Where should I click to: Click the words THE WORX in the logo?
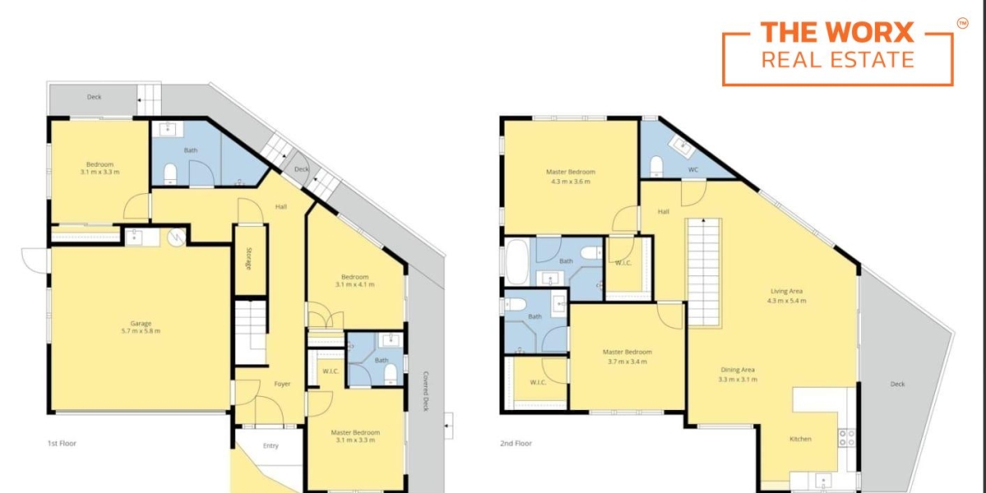[x=836, y=33]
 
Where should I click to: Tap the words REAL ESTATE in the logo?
[x=836, y=59]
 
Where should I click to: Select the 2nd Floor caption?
[x=516, y=443]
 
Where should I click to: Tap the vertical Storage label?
[x=248, y=260]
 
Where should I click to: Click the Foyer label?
[x=282, y=384]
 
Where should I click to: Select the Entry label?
[x=270, y=445]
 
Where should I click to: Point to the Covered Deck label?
[x=426, y=390]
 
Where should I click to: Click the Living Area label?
[x=786, y=292]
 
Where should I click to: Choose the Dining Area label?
[x=737, y=370]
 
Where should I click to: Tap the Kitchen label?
[x=800, y=439]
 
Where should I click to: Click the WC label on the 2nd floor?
[x=693, y=170]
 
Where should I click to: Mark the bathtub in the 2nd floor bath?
[x=518, y=261]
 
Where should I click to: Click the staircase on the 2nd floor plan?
[x=703, y=271]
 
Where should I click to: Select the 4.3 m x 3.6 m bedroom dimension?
[x=570, y=181]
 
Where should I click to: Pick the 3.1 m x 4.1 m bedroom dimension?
[x=355, y=285]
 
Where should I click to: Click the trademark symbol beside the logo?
[x=962, y=24]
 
